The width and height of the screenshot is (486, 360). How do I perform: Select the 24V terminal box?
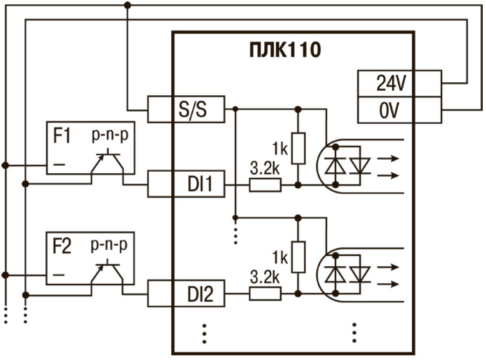tap(399, 84)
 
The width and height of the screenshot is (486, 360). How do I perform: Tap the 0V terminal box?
tap(399, 110)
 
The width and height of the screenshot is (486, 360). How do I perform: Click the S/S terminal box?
tap(186, 109)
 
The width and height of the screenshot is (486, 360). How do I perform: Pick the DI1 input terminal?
tap(186, 185)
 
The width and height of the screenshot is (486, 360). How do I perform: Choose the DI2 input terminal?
tap(186, 294)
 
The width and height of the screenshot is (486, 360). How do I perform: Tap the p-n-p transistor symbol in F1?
tap(108, 163)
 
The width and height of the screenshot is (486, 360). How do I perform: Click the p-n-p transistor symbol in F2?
tap(108, 273)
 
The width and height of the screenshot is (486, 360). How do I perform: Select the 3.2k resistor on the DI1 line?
tap(265, 185)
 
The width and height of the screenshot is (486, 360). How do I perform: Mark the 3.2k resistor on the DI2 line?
tap(265, 294)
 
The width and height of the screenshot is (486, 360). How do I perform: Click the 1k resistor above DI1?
tap(298, 148)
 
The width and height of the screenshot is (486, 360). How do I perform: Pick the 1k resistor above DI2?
tap(298, 257)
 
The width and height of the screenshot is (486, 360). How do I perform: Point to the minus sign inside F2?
tap(59, 275)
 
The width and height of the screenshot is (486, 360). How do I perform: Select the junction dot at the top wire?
tap(127, 5)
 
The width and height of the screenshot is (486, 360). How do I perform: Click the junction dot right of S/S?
tap(236, 109)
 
